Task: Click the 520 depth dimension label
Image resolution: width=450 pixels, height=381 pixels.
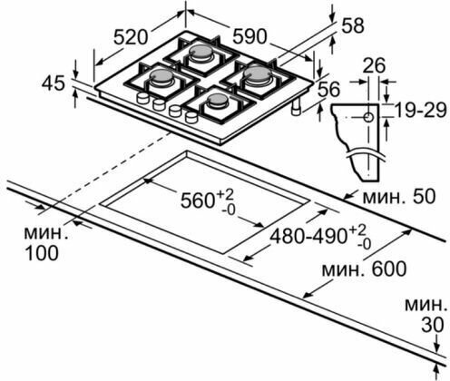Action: pyautogui.click(x=131, y=37)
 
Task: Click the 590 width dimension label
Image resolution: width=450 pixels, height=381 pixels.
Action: pyautogui.click(x=249, y=36)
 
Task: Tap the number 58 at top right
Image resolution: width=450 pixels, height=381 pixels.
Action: pyautogui.click(x=352, y=25)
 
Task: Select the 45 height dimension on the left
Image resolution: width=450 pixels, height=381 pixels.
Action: pyautogui.click(x=54, y=83)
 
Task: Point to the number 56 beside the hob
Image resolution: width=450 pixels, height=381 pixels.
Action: pyautogui.click(x=329, y=90)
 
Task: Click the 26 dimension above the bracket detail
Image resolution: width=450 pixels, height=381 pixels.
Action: pyautogui.click(x=374, y=65)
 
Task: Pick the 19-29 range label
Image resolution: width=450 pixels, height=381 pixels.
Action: pyautogui.click(x=421, y=110)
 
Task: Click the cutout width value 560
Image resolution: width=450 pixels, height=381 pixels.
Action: pyautogui.click(x=198, y=200)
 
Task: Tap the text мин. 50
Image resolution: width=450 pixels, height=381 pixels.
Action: pyautogui.click(x=399, y=196)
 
